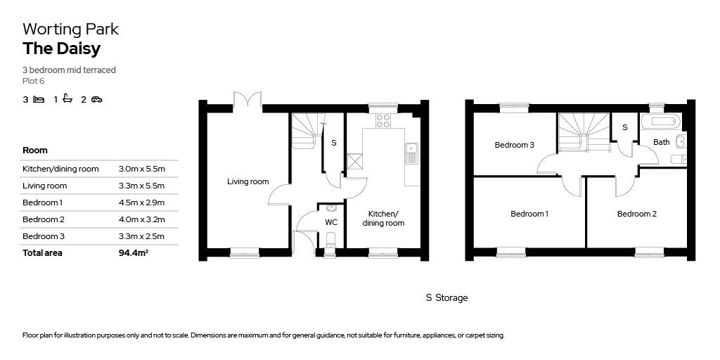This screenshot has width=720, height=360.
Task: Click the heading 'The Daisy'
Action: [x=61, y=49]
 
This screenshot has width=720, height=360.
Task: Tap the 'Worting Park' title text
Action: [x=70, y=29]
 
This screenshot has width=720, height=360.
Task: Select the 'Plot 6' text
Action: [x=33, y=81]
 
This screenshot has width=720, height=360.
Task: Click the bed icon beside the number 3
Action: [x=39, y=99]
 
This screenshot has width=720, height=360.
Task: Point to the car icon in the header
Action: [x=96, y=99]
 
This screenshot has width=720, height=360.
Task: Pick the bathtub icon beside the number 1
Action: [x=68, y=99]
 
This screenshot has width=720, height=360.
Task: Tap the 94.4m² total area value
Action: [x=134, y=253]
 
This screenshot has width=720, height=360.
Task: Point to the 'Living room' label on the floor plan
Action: [x=247, y=181]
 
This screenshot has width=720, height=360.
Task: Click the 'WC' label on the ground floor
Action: [x=331, y=222]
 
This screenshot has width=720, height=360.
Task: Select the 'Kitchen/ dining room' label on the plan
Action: [x=383, y=218]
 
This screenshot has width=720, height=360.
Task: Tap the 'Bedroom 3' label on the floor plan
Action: [x=514, y=145]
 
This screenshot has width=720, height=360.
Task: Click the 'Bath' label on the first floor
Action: [x=661, y=142]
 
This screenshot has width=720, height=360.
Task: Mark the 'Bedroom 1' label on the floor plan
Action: [x=529, y=214]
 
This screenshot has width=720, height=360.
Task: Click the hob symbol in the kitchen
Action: [x=383, y=120]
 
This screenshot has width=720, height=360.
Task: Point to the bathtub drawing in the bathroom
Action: [x=660, y=122]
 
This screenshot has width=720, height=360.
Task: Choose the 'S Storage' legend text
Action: [x=446, y=298]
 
